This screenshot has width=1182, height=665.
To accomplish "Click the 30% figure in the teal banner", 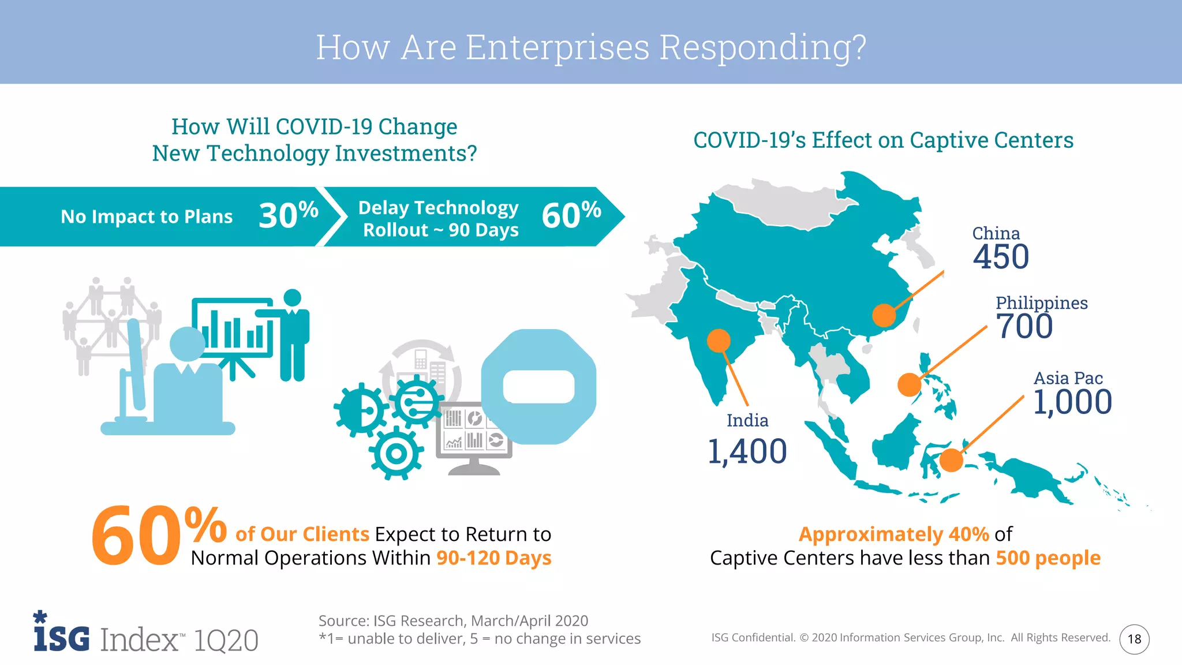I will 289,215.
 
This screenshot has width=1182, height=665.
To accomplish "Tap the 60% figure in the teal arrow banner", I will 571,215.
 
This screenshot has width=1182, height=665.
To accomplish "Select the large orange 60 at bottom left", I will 136,536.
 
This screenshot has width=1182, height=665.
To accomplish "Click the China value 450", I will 1001,257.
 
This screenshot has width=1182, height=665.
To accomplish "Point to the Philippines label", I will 1041,302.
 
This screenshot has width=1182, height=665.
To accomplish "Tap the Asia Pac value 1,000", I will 1072,402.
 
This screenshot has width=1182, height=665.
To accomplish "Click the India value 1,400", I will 747,451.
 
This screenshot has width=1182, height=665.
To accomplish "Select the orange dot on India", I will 719,341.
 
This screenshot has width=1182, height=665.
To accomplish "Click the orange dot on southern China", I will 884,315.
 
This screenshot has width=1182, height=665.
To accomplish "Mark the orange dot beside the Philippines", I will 909,384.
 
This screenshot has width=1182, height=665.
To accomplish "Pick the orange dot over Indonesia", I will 951,461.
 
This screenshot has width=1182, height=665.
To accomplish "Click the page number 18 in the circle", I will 1134,639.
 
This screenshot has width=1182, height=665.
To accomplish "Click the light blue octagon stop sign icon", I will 538,387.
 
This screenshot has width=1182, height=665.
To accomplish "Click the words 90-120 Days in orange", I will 493,558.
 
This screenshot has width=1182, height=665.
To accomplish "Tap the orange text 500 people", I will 1048,558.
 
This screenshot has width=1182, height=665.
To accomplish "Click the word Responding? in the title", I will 762,47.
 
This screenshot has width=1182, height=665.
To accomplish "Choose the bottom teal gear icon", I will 396,454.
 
